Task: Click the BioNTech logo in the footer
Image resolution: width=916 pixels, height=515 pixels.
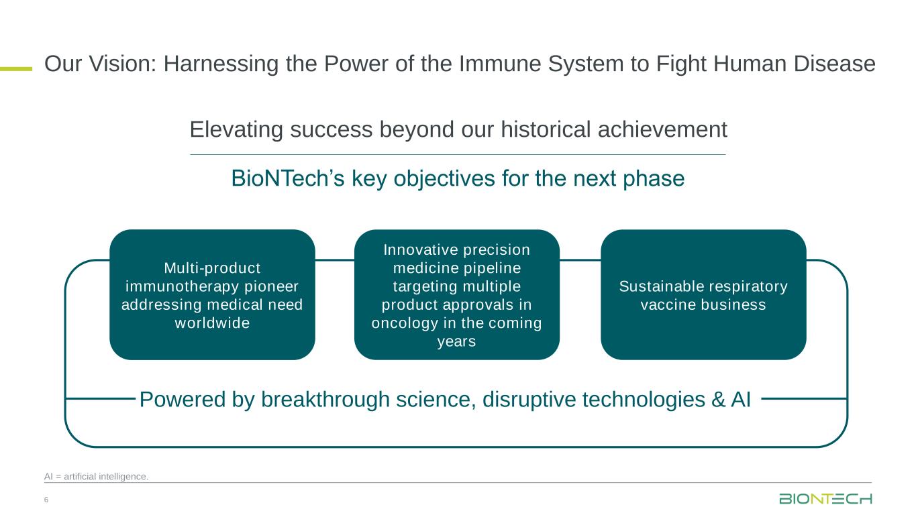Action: pyautogui.click(x=825, y=499)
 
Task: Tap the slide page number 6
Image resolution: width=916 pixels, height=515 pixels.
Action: pyautogui.click(x=46, y=500)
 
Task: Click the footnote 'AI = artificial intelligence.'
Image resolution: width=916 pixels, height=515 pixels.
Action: pyautogui.click(x=96, y=476)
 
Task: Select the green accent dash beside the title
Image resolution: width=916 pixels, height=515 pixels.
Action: pyautogui.click(x=16, y=69)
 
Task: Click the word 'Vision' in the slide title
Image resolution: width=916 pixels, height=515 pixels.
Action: pyautogui.click(x=123, y=64)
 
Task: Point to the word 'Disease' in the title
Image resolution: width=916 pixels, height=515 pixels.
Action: pyautogui.click(x=835, y=64)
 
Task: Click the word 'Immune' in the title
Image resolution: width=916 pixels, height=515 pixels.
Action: pyautogui.click(x=500, y=64)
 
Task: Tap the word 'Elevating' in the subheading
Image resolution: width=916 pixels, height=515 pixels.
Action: pyautogui.click(x=236, y=130)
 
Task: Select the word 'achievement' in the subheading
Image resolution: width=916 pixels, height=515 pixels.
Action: pyautogui.click(x=662, y=129)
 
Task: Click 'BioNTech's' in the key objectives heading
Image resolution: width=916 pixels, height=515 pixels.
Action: pyautogui.click(x=288, y=178)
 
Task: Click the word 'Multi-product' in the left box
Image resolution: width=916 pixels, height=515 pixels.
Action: pyautogui.click(x=212, y=268)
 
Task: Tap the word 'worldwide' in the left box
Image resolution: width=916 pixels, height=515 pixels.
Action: pyautogui.click(x=212, y=323)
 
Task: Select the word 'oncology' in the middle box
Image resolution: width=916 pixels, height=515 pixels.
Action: pyautogui.click(x=405, y=323)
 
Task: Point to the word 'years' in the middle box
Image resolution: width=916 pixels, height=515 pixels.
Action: pyautogui.click(x=457, y=342)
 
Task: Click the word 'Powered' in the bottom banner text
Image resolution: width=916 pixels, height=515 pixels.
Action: pyautogui.click(x=183, y=400)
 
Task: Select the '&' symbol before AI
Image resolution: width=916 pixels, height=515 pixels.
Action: pyautogui.click(x=718, y=400)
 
